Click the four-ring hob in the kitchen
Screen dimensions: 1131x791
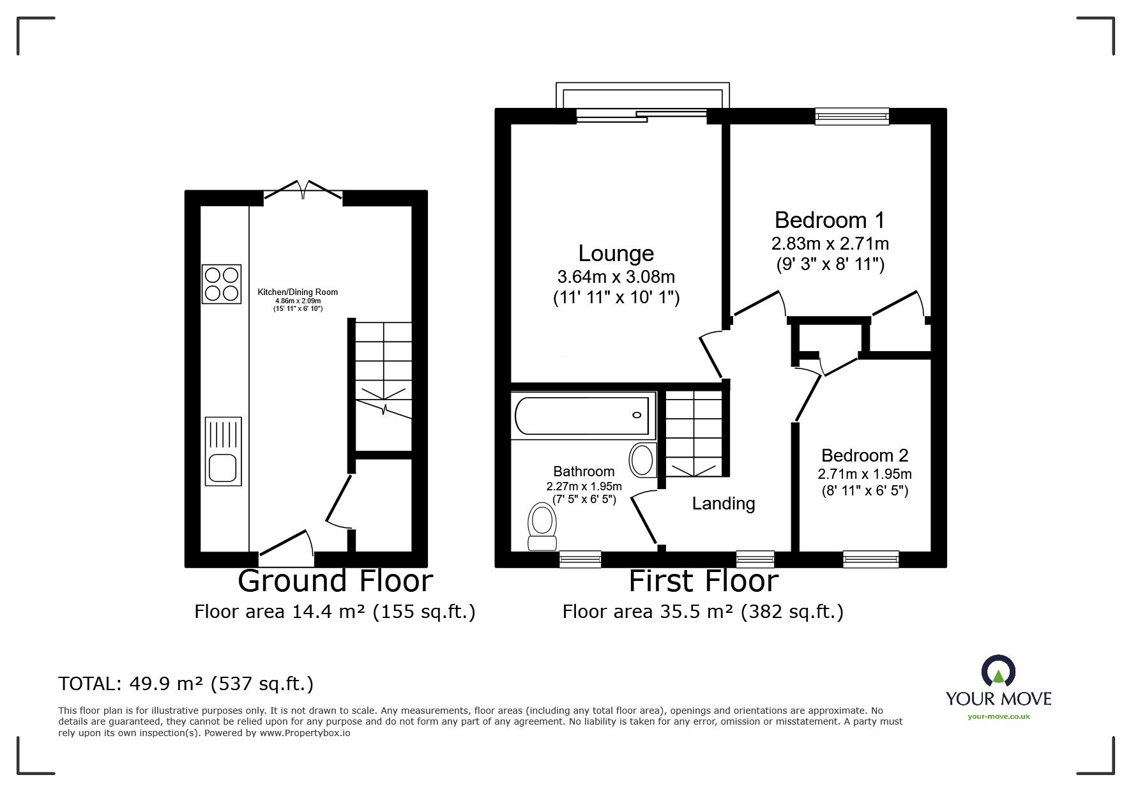222,283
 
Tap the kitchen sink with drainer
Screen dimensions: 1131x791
224,451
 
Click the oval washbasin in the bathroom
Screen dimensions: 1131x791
642,460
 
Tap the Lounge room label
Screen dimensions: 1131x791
616,253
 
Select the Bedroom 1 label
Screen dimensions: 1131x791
830,220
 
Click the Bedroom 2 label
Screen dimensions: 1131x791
865,455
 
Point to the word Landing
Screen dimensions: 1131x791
724,504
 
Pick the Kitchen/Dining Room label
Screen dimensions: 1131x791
298,292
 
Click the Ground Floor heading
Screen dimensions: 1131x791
335,581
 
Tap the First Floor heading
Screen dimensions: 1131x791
704,581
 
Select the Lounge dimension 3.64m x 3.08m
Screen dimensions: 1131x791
616,277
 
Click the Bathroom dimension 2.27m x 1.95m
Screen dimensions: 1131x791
584,486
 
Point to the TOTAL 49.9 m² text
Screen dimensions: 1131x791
186,684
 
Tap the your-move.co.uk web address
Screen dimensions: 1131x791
999,716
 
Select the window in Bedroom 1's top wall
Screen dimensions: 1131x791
853,116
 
